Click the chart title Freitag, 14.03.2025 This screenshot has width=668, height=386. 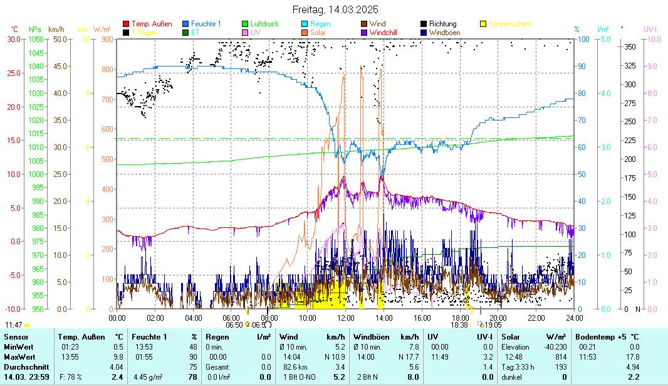click(335, 10)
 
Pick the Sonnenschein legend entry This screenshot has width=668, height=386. click(509, 24)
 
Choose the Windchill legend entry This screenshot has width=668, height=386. click(387, 32)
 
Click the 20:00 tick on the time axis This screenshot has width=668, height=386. click(498, 318)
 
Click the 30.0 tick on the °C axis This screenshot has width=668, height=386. click(14, 39)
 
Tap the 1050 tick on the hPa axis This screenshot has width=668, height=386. click(36, 39)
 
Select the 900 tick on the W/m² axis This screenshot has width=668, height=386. click(107, 39)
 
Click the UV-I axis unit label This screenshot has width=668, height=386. click(650, 29)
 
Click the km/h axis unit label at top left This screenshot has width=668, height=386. click(56, 29)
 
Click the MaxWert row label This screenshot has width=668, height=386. click(19, 357)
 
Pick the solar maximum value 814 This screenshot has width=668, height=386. click(561, 357)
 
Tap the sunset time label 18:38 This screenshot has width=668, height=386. click(459, 325)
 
